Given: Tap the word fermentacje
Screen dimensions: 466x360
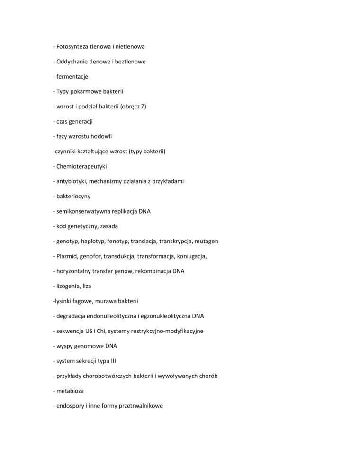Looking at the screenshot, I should click(72, 76).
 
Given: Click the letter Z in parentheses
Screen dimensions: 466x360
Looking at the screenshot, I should click(143, 107).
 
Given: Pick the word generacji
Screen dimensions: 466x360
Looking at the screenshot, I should click(81, 121).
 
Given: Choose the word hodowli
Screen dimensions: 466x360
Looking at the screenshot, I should click(101, 136).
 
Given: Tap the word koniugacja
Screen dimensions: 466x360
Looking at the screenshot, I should click(192, 256).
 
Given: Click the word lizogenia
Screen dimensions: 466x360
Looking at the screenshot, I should click(68, 286).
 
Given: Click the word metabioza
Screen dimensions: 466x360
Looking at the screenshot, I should click(70, 391).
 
